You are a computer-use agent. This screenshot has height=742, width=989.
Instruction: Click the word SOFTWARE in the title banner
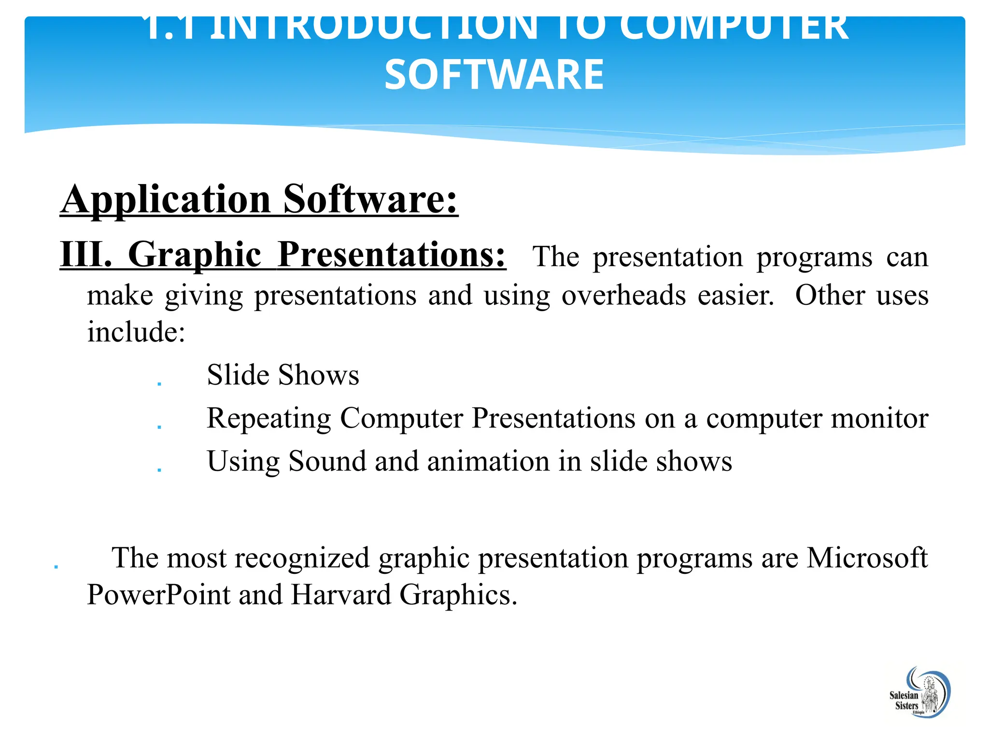(494, 74)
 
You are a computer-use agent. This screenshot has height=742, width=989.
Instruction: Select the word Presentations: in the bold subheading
(392, 255)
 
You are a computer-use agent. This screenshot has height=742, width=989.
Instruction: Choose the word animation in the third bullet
(488, 461)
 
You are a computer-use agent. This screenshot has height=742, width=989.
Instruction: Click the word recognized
(302, 558)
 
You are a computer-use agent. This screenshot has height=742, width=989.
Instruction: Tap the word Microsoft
(867, 558)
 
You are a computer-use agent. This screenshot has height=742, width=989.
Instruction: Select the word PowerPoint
(158, 595)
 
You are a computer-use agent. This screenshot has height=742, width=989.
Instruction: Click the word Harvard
(340, 595)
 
